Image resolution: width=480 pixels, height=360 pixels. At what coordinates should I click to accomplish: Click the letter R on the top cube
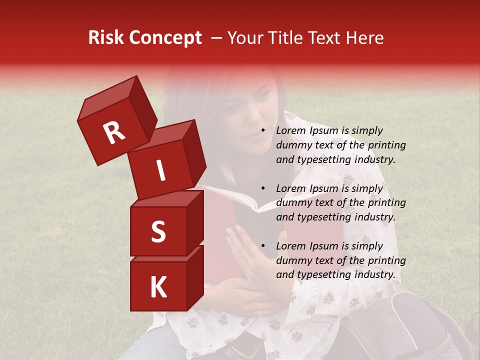click(114, 133)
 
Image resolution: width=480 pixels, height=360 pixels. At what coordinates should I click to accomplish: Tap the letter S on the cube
click(158, 231)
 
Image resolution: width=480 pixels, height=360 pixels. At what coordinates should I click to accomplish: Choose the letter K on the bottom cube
click(158, 287)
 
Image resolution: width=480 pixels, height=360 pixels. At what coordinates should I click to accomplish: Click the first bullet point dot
click(263, 131)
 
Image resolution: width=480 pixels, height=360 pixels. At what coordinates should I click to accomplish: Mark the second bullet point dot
click(263, 189)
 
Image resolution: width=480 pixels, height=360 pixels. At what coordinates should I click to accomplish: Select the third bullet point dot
click(263, 246)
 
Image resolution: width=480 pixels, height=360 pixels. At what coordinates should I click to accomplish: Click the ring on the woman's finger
click(259, 313)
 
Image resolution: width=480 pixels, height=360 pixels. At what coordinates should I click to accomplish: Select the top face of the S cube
click(165, 198)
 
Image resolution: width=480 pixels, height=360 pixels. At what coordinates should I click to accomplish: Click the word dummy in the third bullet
click(293, 260)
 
